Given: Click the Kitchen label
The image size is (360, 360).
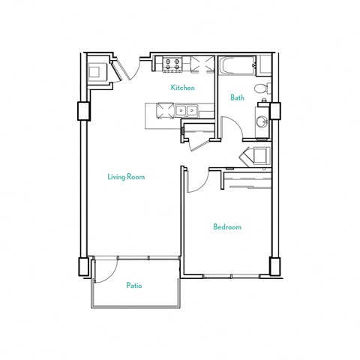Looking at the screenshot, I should pos(182,88).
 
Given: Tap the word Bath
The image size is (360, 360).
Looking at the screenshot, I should pos(237,97).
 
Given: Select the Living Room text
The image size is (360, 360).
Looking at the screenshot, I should pos(125,177).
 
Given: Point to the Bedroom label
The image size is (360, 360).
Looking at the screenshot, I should pos(226,227).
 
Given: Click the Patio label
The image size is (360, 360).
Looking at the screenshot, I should pos(134,286).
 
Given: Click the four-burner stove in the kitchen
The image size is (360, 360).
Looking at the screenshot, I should pos(172,65).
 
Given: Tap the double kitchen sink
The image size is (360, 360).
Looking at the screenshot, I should pos(187,112).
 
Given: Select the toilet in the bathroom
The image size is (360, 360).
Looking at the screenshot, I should pos(260,90).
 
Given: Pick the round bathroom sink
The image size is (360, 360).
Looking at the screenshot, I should pos(262,121).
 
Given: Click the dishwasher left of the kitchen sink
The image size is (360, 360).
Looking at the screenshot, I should pos(163,112).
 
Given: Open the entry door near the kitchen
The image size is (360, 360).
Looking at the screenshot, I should pos(127,69).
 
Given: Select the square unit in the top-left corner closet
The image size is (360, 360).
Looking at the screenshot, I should pos(97,71).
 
